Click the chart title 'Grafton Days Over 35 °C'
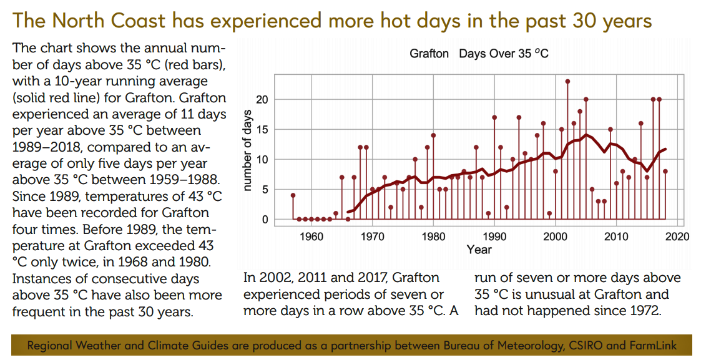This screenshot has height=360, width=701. tap(479, 54)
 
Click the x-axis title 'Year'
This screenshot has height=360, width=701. tap(479, 250)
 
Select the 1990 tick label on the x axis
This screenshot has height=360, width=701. tap(494, 236)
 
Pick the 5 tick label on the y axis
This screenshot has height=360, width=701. tap(265, 190)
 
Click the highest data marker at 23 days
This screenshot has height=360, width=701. tap(567, 82)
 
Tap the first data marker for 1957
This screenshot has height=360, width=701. tap(293, 195)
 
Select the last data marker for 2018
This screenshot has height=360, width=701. tap(665, 172)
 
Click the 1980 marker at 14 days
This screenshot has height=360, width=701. tap(433, 135)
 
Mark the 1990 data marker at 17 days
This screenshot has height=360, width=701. tap(494, 117)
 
